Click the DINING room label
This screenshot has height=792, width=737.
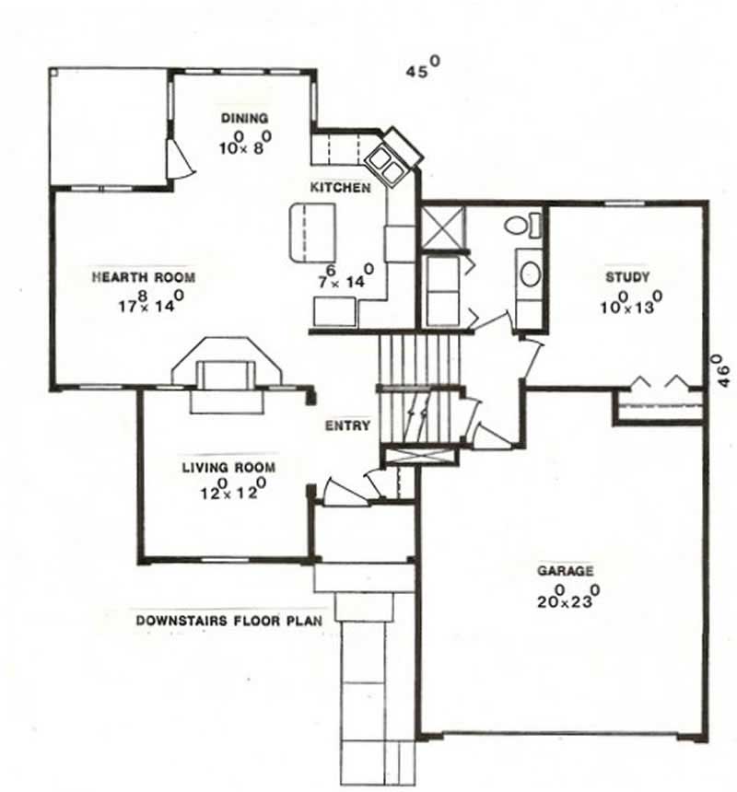coord(244,118)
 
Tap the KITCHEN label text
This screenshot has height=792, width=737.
coord(340,188)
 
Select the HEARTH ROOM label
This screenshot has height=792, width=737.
coord(144,276)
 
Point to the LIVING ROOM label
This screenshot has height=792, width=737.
coord(228,468)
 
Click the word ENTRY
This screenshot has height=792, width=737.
coord(347,426)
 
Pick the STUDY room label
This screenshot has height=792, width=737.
coord(627,276)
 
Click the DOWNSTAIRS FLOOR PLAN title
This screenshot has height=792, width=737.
coord(228,621)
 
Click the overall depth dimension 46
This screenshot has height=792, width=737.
coord(723,370)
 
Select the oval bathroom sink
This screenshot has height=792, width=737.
coord(530,274)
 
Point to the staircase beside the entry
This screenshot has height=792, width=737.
coord(419,387)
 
